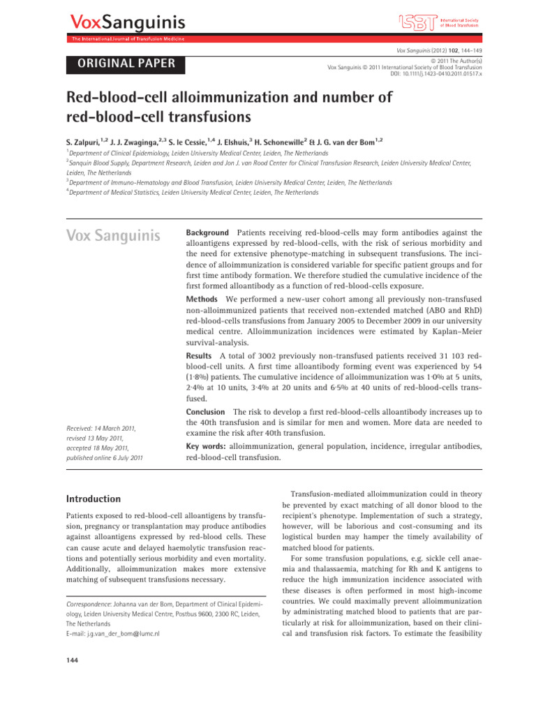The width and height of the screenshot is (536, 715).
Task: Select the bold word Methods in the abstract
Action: click(203, 299)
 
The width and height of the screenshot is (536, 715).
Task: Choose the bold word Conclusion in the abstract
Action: click(207, 412)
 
